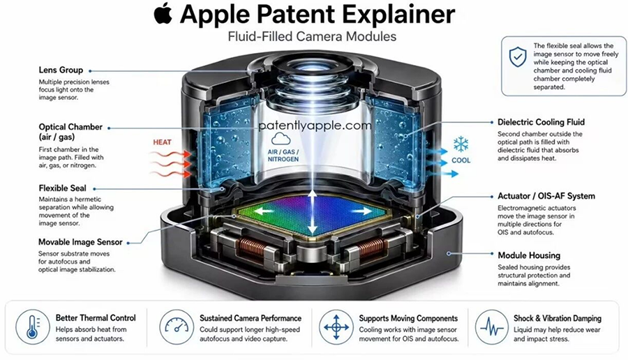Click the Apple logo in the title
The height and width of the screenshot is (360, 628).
pyautogui.click(x=163, y=14)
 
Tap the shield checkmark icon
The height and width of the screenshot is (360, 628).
pyautogui.click(x=518, y=57)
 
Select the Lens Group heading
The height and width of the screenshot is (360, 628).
pyautogui.click(x=61, y=70)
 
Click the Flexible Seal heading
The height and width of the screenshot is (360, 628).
pyautogui.click(x=63, y=188)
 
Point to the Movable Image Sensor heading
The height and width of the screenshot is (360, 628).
pyautogui.click(x=80, y=242)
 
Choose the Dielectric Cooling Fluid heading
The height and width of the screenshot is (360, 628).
pyautogui.click(x=541, y=122)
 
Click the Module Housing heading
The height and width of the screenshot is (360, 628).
pyautogui.click(x=529, y=255)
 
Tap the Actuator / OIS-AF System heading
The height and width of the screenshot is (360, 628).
pyautogui.click(x=546, y=196)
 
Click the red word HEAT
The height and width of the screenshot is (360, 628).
pyautogui.click(x=162, y=142)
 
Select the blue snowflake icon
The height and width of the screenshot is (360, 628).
pyautogui.click(x=461, y=144)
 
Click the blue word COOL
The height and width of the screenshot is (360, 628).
pyautogui.click(x=461, y=160)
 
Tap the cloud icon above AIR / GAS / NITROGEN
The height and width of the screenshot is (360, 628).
pyautogui.click(x=281, y=139)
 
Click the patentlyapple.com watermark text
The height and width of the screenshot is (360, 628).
pyautogui.click(x=315, y=126)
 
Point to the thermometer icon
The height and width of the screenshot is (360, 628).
pyautogui.click(x=32, y=327)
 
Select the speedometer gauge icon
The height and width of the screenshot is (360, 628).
pyautogui.click(x=177, y=327)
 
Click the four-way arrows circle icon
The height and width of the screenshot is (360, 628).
pyautogui.click(x=336, y=327)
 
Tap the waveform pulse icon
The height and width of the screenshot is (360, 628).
pyautogui.click(x=492, y=327)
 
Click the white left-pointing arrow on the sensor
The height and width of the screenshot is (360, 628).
pyautogui.click(x=264, y=210)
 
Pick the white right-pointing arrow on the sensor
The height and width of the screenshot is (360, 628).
pyautogui.click(x=362, y=210)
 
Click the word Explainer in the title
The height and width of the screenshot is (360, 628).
pyautogui.click(x=399, y=15)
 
